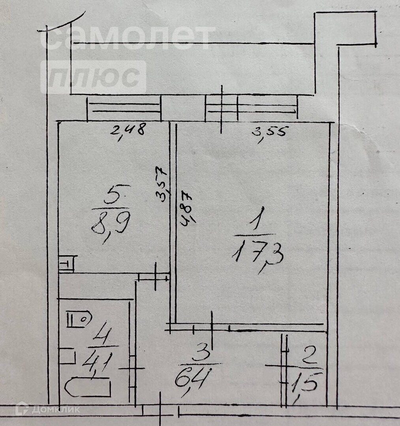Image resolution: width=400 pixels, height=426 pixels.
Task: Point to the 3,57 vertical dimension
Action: pos(162,184)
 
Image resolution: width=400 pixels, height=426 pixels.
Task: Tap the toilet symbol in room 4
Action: pos(79,319)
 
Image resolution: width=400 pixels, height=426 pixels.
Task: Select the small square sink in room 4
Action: pos(67,356)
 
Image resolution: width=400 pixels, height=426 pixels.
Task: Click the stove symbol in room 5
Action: pos(68,263)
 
